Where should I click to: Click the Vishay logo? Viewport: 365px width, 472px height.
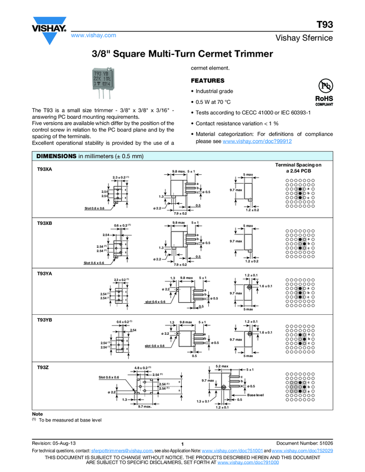[x=49, y=31]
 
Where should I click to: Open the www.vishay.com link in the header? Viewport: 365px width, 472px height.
[x=93, y=35]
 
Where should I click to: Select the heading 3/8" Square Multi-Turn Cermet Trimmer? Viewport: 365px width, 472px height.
[x=182, y=54]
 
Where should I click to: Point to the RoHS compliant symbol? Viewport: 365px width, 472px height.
[x=323, y=92]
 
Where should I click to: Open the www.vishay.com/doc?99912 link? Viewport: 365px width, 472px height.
[x=257, y=142]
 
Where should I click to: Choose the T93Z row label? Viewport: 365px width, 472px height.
[x=43, y=368]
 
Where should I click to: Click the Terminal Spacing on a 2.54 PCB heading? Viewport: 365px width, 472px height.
[x=298, y=168]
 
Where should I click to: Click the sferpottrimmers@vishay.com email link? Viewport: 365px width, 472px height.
[x=122, y=451]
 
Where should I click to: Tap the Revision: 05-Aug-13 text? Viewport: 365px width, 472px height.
[x=57, y=443]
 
